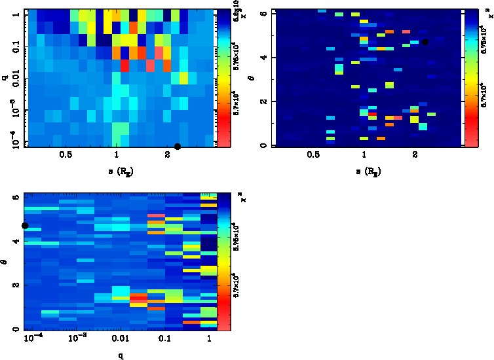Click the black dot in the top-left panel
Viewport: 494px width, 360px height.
pyautogui.click(x=178, y=146)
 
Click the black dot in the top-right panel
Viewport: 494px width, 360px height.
pyautogui.click(x=425, y=42)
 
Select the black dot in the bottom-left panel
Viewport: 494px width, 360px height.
pyautogui.click(x=25, y=226)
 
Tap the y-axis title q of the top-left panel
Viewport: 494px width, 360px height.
pyautogui.click(x=5, y=78)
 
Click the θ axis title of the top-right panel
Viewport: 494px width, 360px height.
pyautogui.click(x=252, y=78)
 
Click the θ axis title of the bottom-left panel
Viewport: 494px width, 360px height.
pyautogui.click(x=5, y=261)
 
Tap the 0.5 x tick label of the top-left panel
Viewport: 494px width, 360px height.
pyautogui.click(x=66, y=155)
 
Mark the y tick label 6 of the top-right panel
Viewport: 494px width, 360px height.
pyautogui.click(x=261, y=13)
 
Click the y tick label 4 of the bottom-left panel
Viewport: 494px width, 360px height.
pyautogui.click(x=14, y=242)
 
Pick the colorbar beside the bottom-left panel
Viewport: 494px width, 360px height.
pyautogui.click(x=224, y=261)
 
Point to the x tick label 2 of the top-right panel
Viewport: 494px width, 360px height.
pyautogui.click(x=415, y=155)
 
